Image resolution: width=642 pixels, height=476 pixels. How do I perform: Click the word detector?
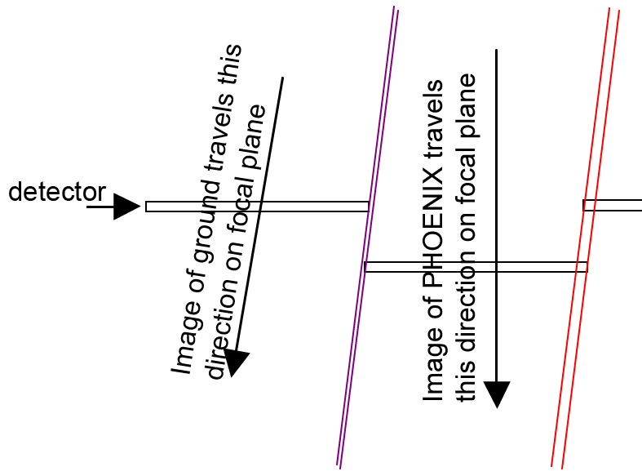click(x=56, y=193)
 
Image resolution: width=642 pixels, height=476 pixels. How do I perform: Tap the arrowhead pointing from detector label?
click(x=126, y=207)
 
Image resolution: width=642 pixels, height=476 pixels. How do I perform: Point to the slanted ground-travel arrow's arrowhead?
click(x=236, y=362)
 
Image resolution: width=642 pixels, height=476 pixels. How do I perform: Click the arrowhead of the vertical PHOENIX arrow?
click(x=497, y=394)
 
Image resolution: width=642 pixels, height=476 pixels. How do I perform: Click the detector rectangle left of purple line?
click(x=257, y=207)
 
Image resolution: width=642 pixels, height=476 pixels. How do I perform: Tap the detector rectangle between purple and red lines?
click(x=476, y=266)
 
